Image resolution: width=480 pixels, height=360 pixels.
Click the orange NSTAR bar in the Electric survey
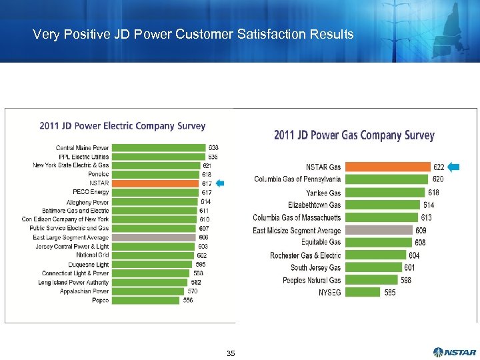[156, 183]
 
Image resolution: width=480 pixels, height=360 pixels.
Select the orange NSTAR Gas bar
[387, 167]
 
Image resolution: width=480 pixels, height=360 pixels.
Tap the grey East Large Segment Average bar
[154, 237]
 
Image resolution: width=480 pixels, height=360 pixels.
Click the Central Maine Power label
[83, 147]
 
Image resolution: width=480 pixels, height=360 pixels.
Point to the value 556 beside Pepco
[189, 301]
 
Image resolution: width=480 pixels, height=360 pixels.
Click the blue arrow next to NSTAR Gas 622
[455, 167]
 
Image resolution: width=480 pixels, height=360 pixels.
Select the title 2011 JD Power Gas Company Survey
[354, 135]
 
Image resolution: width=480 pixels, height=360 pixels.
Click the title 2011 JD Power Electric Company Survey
[122, 125]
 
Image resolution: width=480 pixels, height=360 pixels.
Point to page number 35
[231, 353]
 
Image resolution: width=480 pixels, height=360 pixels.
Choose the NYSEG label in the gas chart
[329, 292]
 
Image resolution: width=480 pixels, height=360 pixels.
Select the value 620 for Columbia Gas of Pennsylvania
[437, 179]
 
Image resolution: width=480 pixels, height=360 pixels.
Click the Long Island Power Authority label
[73, 283]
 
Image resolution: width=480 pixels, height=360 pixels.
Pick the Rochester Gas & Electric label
[305, 255]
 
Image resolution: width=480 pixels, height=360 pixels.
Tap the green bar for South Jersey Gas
[373, 267]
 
